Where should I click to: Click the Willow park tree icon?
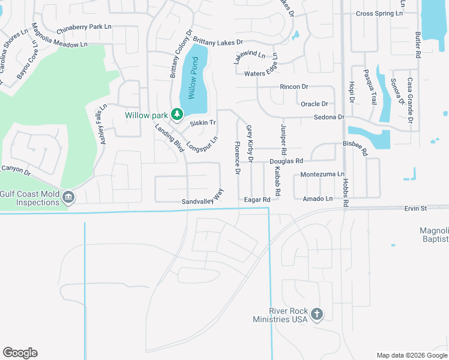[x=176, y=113]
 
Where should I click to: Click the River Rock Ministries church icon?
[x=317, y=314]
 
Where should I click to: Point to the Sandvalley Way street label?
[x=202, y=198]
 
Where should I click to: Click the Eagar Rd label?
[x=258, y=199]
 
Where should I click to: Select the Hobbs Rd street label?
[x=346, y=191]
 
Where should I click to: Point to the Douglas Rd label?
[x=286, y=161]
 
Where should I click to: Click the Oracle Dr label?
[x=315, y=104]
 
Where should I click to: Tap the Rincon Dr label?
[x=294, y=87]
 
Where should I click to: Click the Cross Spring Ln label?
[x=379, y=13]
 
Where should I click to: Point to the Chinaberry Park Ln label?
[x=84, y=28]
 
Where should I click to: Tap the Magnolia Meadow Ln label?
[x=59, y=44]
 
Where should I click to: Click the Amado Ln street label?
[x=318, y=199]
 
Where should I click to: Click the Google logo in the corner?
[x=20, y=353]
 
